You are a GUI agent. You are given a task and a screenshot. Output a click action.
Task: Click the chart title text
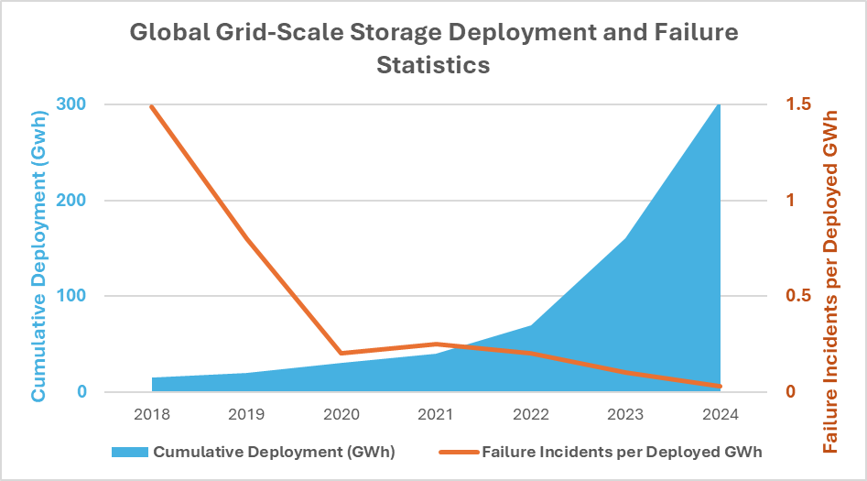pyautogui.click(x=433, y=49)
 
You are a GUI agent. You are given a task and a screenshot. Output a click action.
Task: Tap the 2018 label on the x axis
pyautogui.click(x=152, y=414)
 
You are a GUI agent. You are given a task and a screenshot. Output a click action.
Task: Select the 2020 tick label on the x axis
pyautogui.click(x=341, y=414)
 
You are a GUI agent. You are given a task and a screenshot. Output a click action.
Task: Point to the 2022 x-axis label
pyautogui.click(x=531, y=414)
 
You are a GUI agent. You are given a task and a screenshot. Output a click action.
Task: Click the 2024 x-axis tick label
pyautogui.click(x=720, y=414)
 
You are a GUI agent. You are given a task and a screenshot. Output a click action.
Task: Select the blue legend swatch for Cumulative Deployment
pyautogui.click(x=129, y=452)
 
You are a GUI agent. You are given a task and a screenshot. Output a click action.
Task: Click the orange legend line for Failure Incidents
pyautogui.click(x=458, y=452)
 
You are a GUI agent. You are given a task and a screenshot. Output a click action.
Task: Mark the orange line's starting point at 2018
pyautogui.click(x=152, y=106)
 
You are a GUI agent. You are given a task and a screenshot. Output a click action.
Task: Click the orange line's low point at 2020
pyautogui.click(x=341, y=353)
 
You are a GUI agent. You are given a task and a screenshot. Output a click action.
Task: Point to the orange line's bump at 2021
pyautogui.click(x=436, y=344)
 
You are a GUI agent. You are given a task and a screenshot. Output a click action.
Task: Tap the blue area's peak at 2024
pyautogui.click(x=719, y=106)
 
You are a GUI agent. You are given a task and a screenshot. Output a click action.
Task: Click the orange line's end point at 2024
pyautogui.click(x=719, y=386)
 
